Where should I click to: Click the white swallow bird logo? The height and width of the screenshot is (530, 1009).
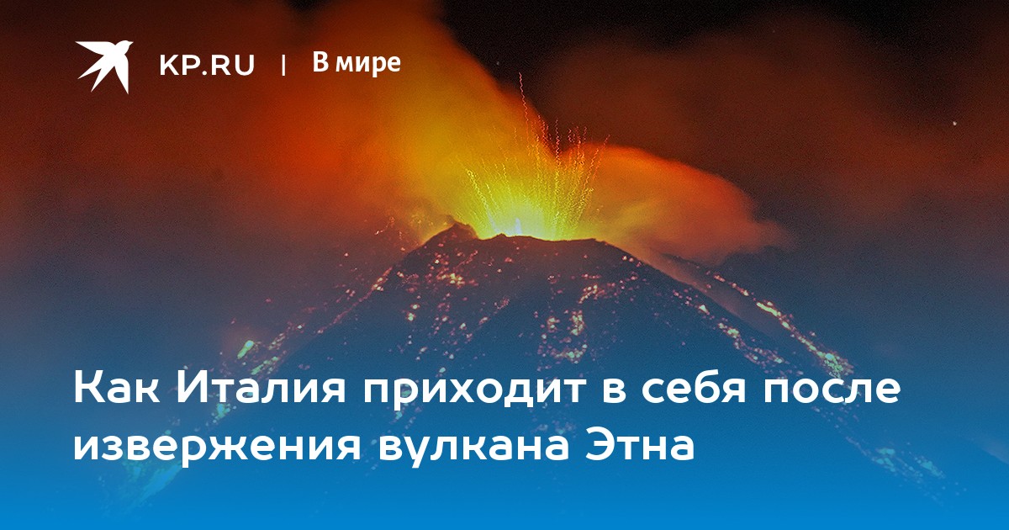pyautogui.click(x=104, y=66)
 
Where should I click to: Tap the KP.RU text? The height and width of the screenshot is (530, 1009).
pyautogui.click(x=207, y=65)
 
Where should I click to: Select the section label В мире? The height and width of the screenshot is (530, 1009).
pyautogui.click(x=357, y=64)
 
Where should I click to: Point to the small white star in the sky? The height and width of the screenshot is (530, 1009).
pyautogui.click(x=954, y=124)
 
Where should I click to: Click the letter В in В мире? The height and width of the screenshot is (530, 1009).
pyautogui.click(x=321, y=61)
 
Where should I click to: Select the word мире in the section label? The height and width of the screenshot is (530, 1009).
pyautogui.click(x=369, y=66)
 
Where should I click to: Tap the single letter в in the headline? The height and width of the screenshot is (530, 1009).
pyautogui.click(x=613, y=391)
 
